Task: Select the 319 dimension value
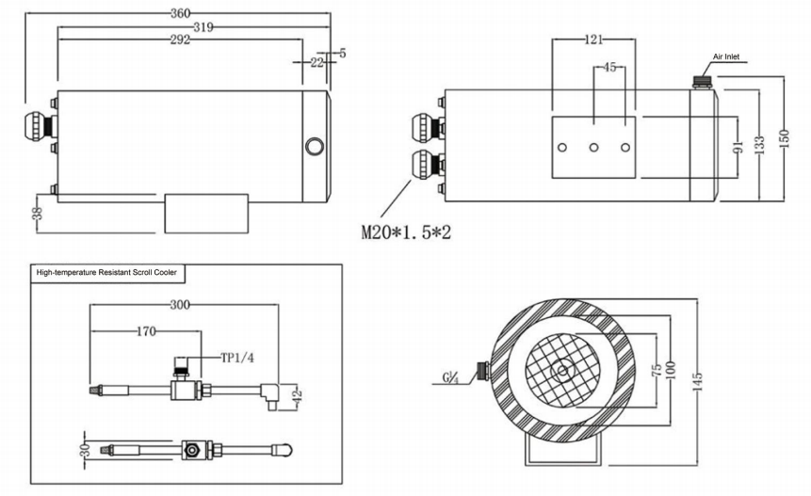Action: (199, 28)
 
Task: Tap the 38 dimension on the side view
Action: (38, 214)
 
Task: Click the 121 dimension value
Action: (592, 40)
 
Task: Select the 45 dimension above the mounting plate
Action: (608, 68)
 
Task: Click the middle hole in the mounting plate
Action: (593, 148)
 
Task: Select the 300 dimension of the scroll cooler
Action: (180, 306)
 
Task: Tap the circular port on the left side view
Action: (313, 146)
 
